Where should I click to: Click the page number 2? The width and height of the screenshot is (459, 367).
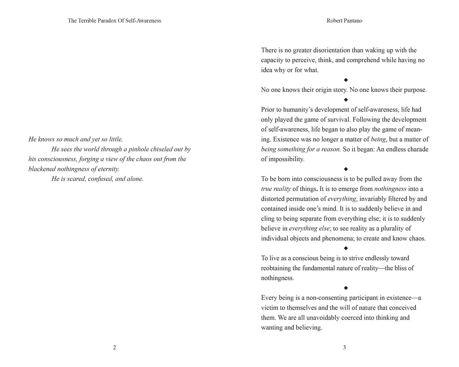(114, 348)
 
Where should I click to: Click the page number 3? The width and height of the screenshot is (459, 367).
(344, 348)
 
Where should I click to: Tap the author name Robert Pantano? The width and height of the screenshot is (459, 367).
(344, 21)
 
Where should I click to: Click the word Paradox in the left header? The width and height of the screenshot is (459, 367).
(107, 21)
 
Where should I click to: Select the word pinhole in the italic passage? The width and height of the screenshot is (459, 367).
(138, 149)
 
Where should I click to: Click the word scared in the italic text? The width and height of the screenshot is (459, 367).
(76, 179)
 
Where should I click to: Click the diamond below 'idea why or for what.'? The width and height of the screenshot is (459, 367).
(346, 80)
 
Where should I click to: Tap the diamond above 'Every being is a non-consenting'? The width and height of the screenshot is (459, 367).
(346, 288)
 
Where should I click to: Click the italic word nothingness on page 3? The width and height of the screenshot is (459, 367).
(390, 189)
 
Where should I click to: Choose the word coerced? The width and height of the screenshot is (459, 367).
(351, 318)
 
